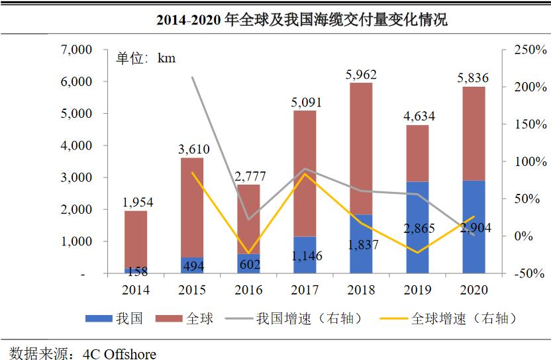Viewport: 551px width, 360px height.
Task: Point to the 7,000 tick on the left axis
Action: coord(75,50)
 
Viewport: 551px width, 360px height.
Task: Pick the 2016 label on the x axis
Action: coord(248,290)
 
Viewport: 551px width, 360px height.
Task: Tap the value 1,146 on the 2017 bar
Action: coord(305,255)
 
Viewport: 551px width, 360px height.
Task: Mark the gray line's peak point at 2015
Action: coord(192,77)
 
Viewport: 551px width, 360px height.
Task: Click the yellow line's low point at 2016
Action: coord(248,253)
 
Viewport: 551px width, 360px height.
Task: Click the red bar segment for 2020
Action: coord(474,132)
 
